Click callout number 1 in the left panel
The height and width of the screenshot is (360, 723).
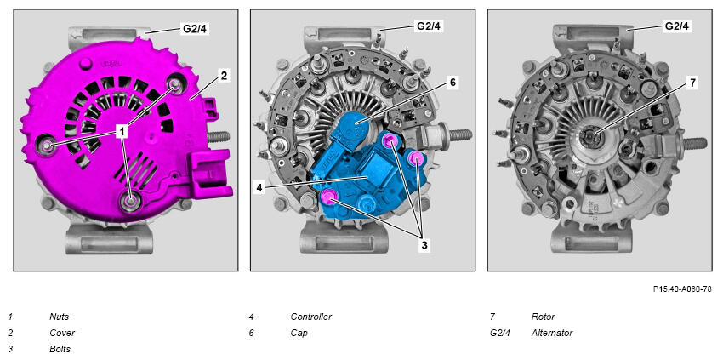tap(122, 132)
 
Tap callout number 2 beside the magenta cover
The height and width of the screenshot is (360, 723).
tap(224, 76)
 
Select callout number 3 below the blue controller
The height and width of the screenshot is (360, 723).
tap(424, 245)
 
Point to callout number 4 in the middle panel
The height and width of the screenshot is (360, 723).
tap(260, 188)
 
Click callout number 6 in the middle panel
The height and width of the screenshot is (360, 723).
tap(453, 83)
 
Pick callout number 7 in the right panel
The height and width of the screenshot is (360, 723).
tap(692, 83)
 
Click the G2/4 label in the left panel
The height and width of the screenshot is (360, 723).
tap(196, 28)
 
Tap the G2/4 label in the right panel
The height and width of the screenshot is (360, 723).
tap(677, 26)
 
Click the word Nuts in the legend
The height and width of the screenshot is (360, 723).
tap(59, 317)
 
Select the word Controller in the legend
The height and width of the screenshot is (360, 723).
tap(310, 317)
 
